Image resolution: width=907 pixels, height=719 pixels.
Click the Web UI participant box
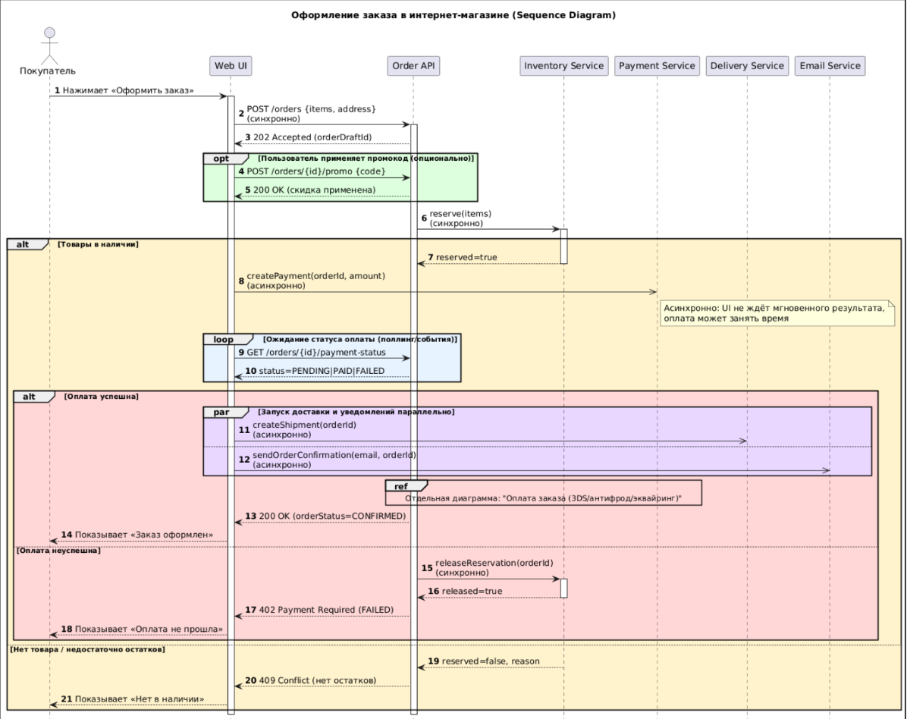(231, 66)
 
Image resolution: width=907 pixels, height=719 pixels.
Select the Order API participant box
(413, 66)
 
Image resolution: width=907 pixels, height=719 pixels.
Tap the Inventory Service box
(564, 66)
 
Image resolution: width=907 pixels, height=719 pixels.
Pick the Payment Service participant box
(657, 66)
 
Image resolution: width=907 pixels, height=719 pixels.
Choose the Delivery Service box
(747, 66)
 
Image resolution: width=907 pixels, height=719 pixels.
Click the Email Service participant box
(830, 66)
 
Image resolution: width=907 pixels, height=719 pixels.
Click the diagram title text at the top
(453, 16)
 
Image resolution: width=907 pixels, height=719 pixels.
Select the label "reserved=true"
(466, 258)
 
